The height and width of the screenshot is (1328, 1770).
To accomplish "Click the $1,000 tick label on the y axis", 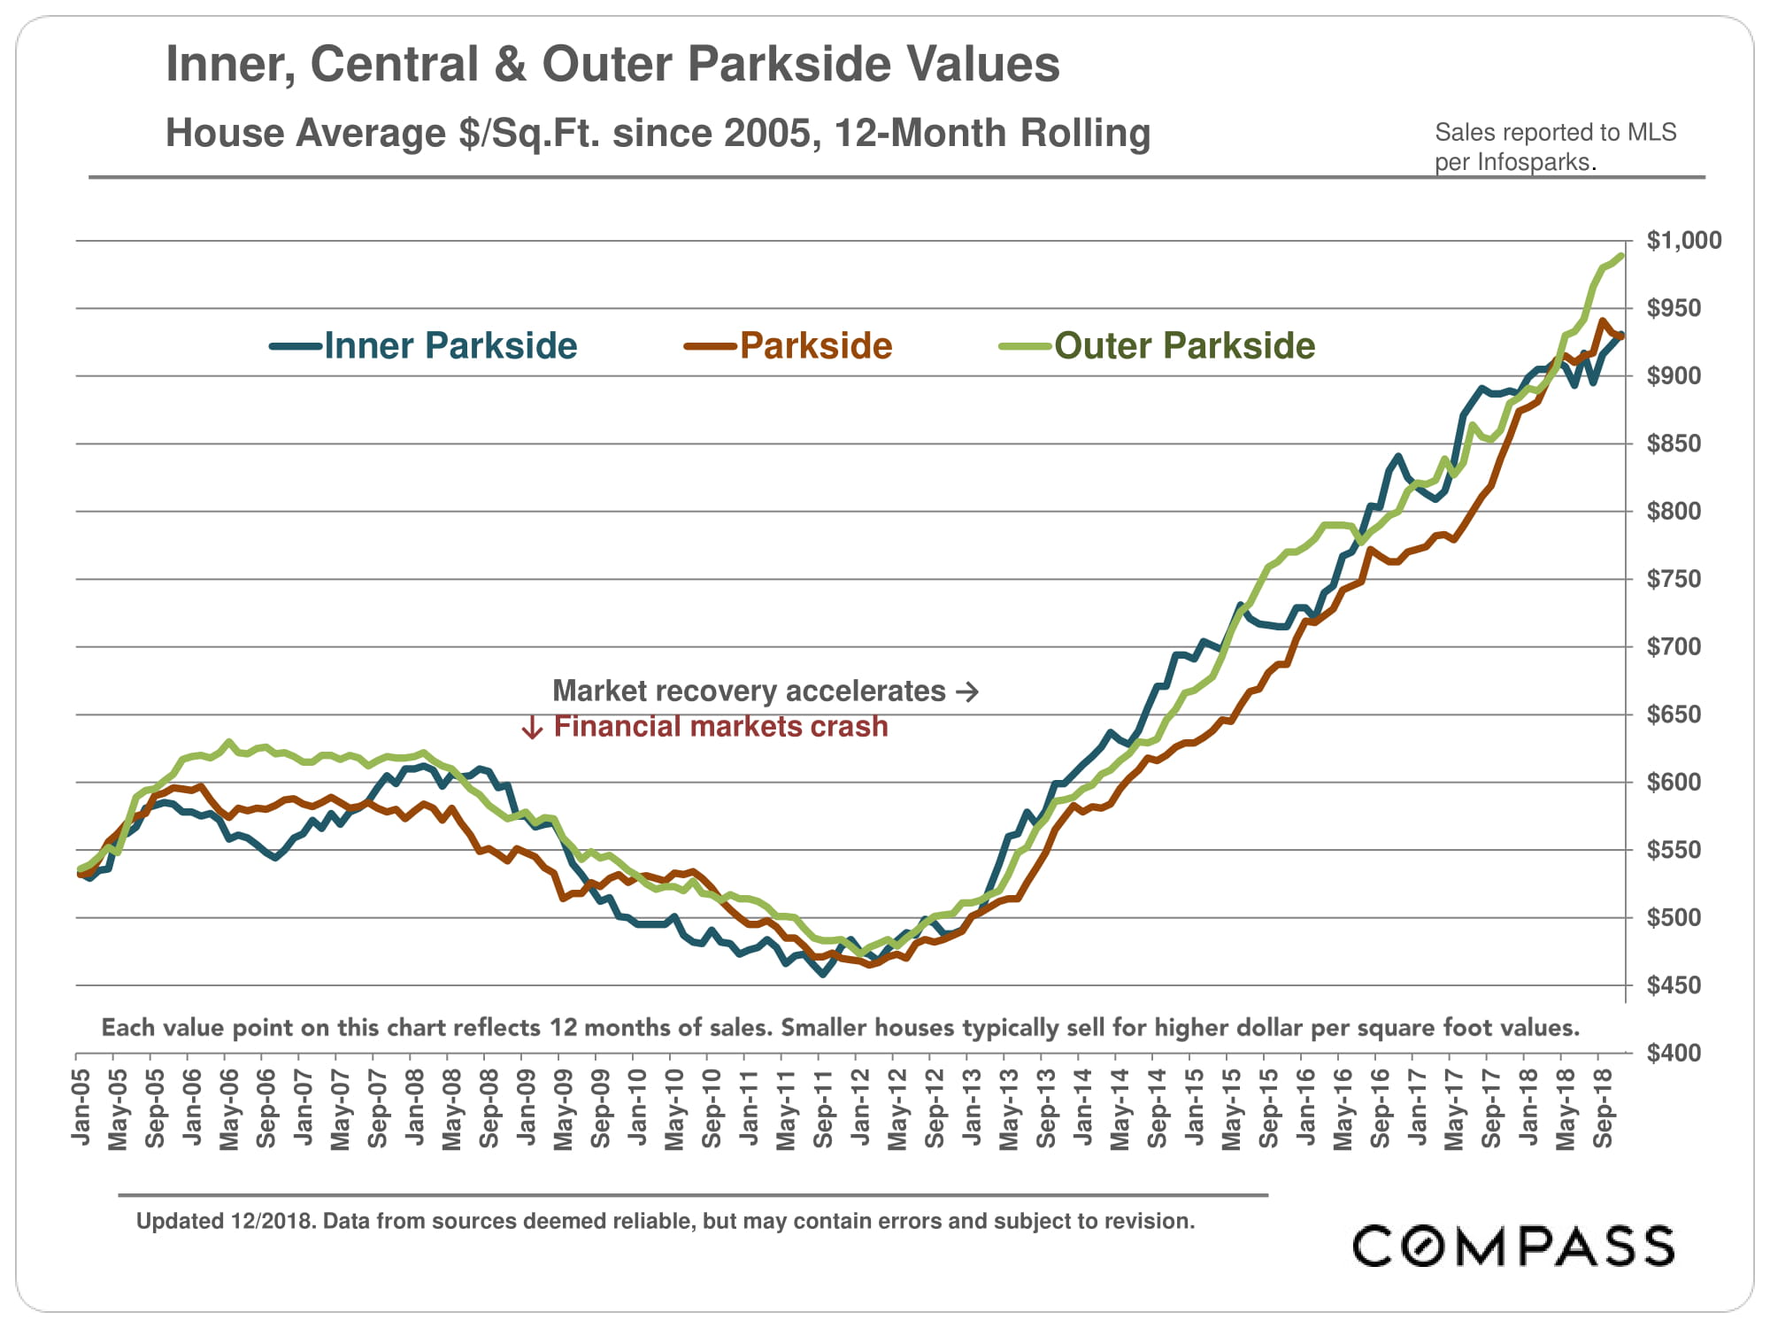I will tap(1683, 241).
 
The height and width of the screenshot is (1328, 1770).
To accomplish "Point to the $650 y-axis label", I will tap(1674, 714).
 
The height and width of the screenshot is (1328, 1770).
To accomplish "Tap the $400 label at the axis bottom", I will tap(1674, 1054).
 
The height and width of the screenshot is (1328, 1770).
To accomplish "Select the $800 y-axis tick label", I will tap(1674, 512).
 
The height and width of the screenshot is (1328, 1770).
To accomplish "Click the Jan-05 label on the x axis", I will tap(81, 1108).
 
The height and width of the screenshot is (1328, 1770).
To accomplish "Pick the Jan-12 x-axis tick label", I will tap(861, 1108).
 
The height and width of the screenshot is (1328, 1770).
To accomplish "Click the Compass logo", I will tap(1513, 1247).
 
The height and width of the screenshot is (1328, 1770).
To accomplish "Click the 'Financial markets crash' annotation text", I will tap(720, 727).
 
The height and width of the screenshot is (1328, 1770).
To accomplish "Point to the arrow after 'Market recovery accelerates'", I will tap(967, 691).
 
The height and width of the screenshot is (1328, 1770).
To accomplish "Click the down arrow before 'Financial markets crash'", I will tap(532, 728).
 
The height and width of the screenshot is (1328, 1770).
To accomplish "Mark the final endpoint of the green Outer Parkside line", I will tap(1620, 256).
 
